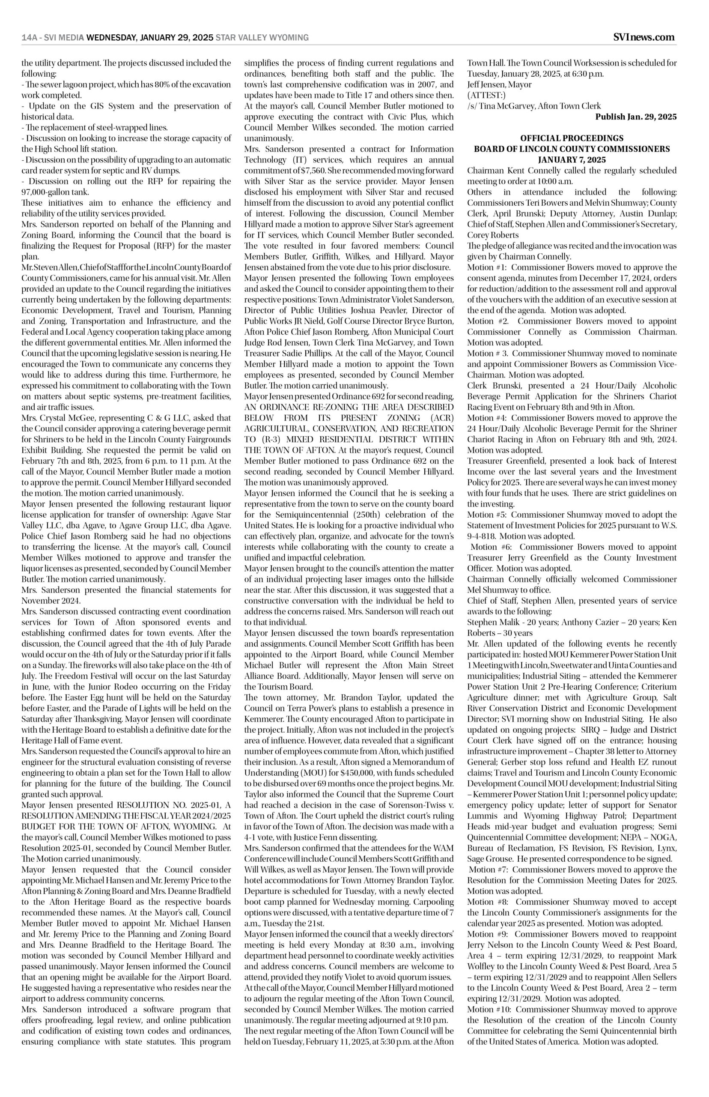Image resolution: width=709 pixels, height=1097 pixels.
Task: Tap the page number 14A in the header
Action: (x=30, y=38)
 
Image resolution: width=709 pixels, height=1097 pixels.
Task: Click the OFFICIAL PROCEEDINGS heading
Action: (x=572, y=138)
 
